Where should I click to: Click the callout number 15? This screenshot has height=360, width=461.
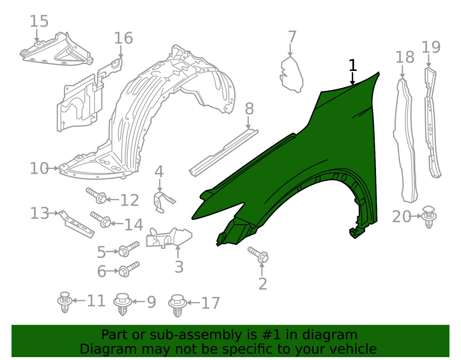(x=39, y=21)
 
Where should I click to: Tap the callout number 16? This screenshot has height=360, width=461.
(x=124, y=38)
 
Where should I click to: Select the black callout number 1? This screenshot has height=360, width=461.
(x=353, y=65)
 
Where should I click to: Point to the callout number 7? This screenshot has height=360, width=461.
(x=292, y=37)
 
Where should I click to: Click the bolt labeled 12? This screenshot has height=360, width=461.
(x=96, y=196)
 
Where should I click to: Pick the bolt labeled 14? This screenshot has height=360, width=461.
(x=101, y=220)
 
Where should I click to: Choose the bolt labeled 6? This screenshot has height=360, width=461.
(x=129, y=269)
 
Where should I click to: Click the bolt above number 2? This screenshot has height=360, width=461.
(x=258, y=255)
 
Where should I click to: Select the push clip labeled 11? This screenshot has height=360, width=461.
(x=65, y=302)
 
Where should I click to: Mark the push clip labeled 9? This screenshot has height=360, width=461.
(x=123, y=304)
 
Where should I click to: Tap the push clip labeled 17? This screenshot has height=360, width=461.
(x=177, y=306)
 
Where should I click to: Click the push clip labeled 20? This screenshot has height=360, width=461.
(x=429, y=217)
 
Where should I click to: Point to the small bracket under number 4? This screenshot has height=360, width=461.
(x=164, y=202)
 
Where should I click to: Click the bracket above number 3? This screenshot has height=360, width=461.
(x=169, y=238)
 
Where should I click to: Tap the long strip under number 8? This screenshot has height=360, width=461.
(x=224, y=153)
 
